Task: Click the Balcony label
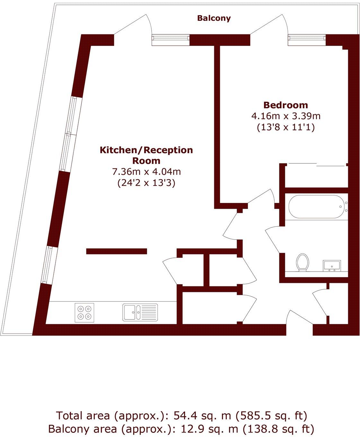tap(214, 18)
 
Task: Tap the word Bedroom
tap(285, 105)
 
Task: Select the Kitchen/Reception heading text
tap(146, 150)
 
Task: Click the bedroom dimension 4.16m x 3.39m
tap(285, 116)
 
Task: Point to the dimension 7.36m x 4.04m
tap(146, 171)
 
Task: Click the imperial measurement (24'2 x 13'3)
tap(146, 183)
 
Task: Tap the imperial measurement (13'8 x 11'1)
tap(285, 127)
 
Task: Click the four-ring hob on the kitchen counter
tap(84, 312)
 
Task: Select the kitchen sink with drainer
tap(140, 312)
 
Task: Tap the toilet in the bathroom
tap(303, 262)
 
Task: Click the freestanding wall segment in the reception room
tap(117, 251)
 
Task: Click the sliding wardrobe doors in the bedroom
tap(316, 165)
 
